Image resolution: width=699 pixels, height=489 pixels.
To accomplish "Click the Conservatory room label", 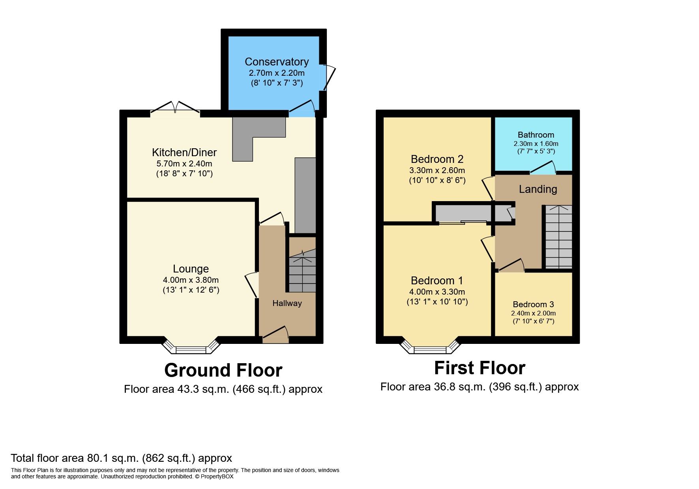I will (276, 62).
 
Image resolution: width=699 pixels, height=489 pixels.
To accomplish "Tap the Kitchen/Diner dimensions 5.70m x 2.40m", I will (184, 164).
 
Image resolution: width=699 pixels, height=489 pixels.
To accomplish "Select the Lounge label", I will (191, 269).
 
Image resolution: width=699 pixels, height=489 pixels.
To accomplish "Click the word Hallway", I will (287, 303).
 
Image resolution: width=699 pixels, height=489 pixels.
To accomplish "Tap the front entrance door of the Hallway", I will (275, 334).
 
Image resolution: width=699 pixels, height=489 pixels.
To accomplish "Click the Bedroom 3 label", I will (533, 304).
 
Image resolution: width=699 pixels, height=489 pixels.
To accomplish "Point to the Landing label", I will (538, 189).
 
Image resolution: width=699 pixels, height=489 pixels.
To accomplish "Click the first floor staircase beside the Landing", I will (558, 237).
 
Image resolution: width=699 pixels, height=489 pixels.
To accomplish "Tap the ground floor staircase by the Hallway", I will (302, 272).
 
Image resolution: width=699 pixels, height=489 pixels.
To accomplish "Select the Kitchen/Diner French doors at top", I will (175, 107).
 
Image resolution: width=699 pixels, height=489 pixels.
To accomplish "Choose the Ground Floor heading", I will (223, 370).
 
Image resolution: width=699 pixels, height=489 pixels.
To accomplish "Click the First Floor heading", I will (479, 368).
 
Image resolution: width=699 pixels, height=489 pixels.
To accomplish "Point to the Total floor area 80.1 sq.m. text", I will (121, 458).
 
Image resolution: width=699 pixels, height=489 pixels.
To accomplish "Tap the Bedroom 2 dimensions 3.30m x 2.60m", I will (437, 171).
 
